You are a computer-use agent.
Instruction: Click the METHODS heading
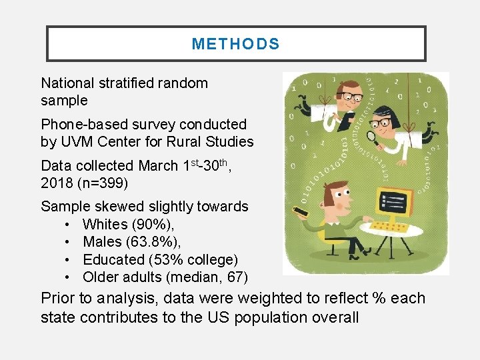tap(235, 44)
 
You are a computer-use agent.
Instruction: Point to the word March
tap(157, 166)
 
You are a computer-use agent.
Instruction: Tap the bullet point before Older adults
tap(70, 277)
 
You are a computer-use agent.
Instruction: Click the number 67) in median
tap(235, 277)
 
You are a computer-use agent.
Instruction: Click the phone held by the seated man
tap(301, 212)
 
